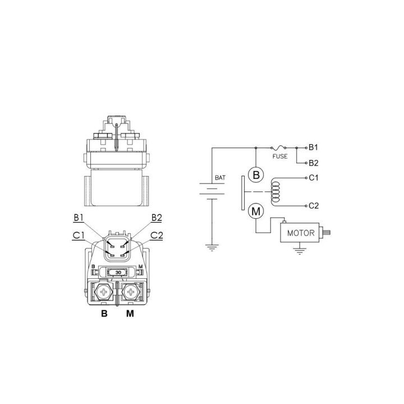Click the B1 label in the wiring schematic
pos(313,148)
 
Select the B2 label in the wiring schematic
pos(314,163)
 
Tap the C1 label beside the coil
pos(314,177)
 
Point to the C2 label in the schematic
pos(314,205)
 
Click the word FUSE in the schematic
pos(280,156)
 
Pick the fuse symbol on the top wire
pos(278,148)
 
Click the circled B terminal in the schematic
pos(256,175)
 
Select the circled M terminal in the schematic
pos(256,212)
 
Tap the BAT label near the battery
pos(220,177)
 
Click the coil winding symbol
pos(275,192)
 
